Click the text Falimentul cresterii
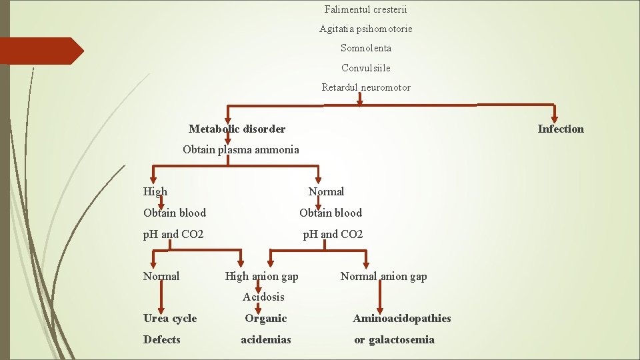click(x=365, y=9)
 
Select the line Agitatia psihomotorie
click(x=365, y=29)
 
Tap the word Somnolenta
click(x=365, y=48)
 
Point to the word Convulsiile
click(x=365, y=68)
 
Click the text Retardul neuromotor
click(x=365, y=87)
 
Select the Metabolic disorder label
click(x=237, y=129)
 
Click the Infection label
click(x=561, y=129)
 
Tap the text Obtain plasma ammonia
click(x=241, y=149)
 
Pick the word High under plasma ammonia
click(x=155, y=191)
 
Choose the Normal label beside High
click(x=326, y=191)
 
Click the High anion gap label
click(x=261, y=276)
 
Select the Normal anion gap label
click(x=383, y=276)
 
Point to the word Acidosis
click(x=263, y=297)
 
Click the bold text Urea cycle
click(x=170, y=318)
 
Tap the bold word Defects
click(x=162, y=339)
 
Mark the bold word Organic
click(x=265, y=318)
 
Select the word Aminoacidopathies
click(x=401, y=318)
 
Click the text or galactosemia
click(x=394, y=339)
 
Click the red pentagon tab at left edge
click(x=40, y=51)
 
